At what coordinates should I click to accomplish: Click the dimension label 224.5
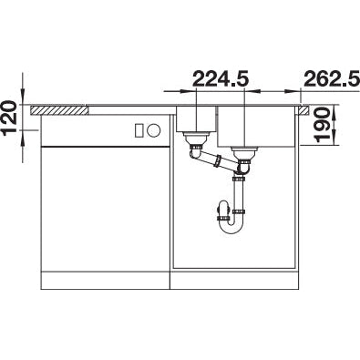221,78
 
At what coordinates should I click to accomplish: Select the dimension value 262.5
332,78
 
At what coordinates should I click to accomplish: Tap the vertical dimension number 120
9,118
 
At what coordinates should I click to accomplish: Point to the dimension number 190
322,125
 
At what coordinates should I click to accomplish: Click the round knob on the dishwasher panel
153,130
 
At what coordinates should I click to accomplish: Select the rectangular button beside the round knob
139,130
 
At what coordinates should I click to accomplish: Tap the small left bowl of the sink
196,118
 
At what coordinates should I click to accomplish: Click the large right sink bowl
256,126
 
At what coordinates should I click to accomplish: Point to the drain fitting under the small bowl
195,139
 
